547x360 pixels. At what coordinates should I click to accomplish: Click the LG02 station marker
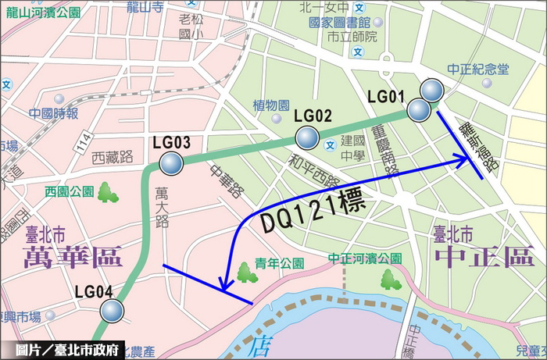point(307,139)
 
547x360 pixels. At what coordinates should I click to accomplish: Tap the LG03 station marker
point(170,164)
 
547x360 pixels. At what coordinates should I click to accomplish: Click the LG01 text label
point(385,97)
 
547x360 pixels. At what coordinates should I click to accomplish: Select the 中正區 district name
point(474,255)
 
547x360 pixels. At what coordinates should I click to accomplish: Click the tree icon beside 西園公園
point(108,191)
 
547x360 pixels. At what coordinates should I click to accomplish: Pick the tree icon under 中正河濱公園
point(388,278)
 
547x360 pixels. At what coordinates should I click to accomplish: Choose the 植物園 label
point(271,105)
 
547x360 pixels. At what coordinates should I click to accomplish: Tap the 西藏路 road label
point(109,157)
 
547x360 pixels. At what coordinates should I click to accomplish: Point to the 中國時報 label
point(54,114)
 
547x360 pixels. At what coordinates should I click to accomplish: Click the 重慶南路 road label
point(389,150)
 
